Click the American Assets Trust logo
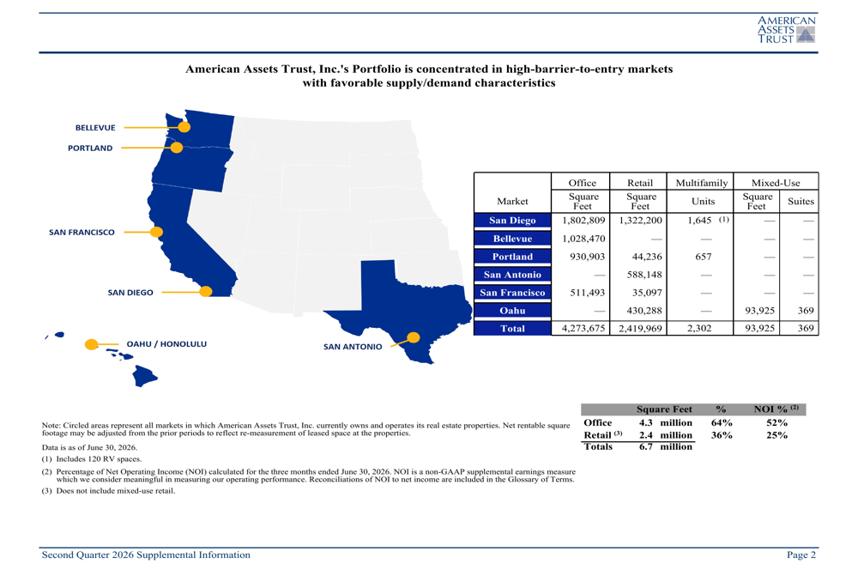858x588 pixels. [786, 29]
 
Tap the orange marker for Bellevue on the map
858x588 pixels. [184, 127]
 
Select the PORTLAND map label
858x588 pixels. [90, 148]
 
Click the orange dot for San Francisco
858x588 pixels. [156, 232]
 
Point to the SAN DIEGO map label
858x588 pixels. [130, 293]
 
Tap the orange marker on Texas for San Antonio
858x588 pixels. [414, 338]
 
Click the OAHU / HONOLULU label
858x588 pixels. [166, 344]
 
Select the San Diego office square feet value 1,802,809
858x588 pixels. [583, 220]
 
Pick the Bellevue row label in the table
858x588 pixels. [512, 239]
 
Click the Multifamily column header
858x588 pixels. [702, 183]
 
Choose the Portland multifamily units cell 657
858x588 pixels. [704, 256]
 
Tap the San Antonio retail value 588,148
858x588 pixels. [644, 275]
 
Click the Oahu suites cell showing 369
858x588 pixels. [806, 311]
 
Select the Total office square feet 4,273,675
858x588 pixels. [583, 329]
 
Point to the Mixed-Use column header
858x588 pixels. [776, 183]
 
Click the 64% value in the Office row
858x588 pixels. [722, 422]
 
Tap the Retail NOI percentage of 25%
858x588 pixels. [776, 435]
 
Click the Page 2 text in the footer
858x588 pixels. [801, 555]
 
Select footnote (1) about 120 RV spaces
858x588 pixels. [92, 459]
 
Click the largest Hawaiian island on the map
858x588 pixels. [144, 376]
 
